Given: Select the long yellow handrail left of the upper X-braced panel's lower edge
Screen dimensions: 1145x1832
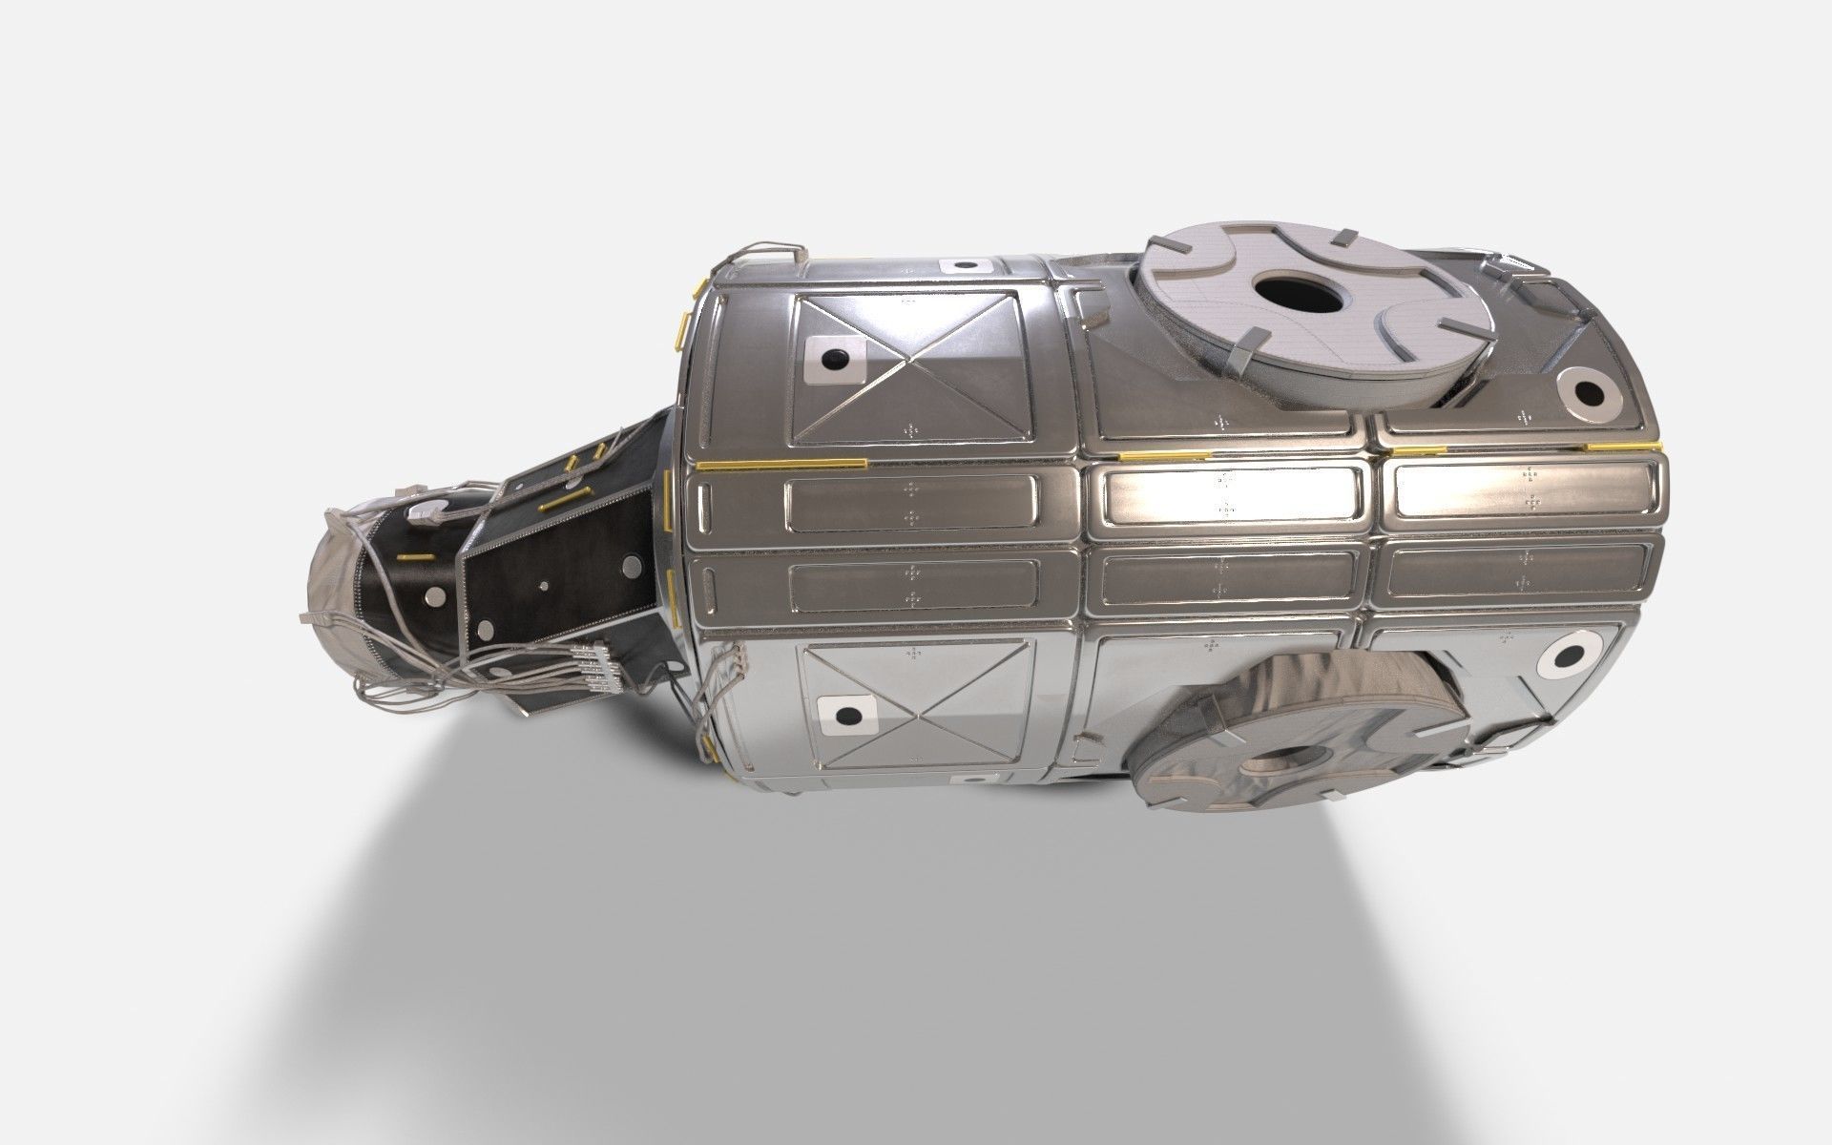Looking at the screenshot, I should [x=781, y=465].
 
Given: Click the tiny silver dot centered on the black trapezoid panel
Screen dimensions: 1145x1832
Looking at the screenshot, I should [x=544, y=586].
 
